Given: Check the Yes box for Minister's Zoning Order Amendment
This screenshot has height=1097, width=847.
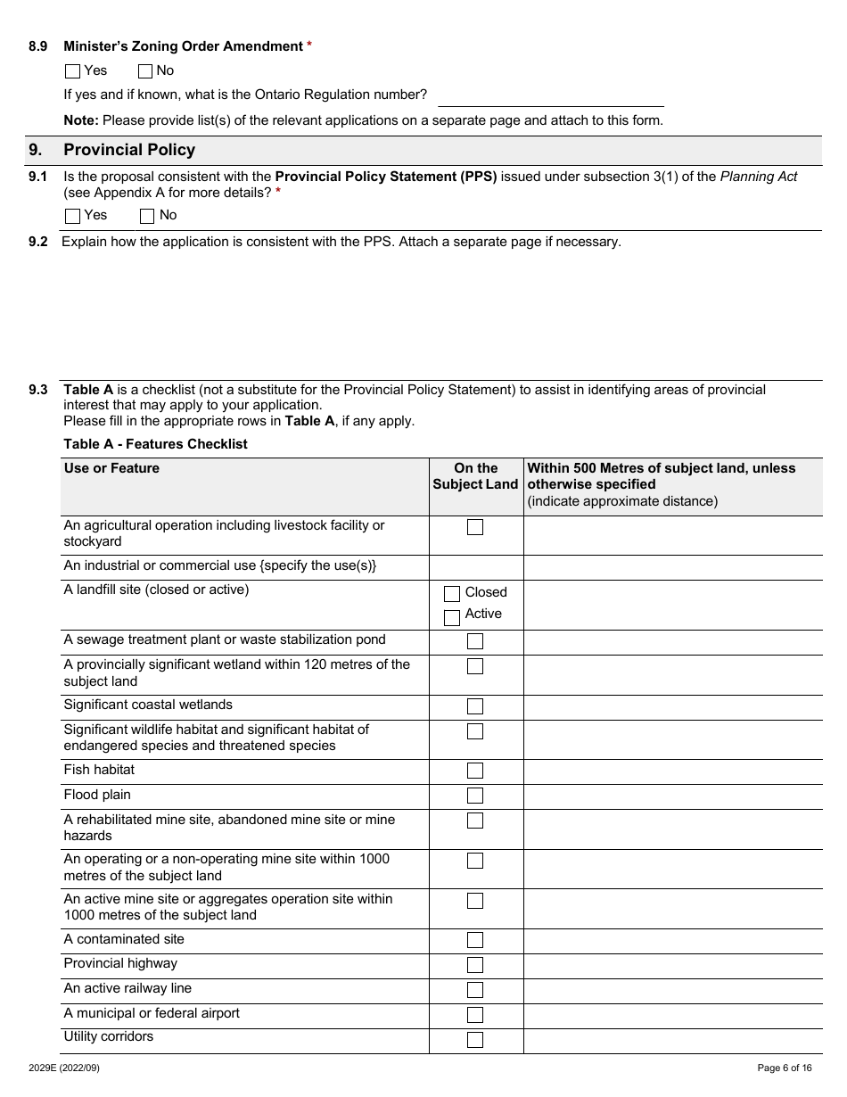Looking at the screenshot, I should [x=73, y=71].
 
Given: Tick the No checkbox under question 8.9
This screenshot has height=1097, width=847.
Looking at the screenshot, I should [x=145, y=71].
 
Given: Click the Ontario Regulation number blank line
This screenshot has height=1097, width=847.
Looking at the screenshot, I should [x=551, y=96].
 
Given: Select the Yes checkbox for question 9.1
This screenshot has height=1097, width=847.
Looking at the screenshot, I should [x=73, y=216].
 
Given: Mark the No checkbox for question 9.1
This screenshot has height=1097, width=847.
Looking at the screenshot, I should [x=148, y=216].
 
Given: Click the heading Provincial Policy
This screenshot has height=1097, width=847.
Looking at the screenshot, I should [x=129, y=150].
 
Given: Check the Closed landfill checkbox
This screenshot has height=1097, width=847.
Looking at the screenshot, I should [x=452, y=593].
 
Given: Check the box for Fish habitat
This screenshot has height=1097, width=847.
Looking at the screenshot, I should [x=475, y=771].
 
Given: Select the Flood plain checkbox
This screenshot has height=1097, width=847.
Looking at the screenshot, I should [x=475, y=796].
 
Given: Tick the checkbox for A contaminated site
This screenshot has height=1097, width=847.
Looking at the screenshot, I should [x=475, y=940].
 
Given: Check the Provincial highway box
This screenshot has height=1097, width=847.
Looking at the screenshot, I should [x=475, y=965].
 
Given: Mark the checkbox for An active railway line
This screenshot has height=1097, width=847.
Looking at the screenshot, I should [x=475, y=990].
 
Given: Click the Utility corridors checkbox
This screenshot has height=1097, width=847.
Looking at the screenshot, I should [x=475, y=1040].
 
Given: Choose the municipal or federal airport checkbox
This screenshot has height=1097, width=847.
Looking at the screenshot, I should [x=475, y=1015].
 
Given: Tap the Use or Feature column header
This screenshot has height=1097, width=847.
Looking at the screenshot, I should [x=111, y=468].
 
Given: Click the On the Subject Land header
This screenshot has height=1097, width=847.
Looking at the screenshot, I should [x=475, y=476].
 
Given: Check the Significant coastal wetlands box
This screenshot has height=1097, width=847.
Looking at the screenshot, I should [x=475, y=706].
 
